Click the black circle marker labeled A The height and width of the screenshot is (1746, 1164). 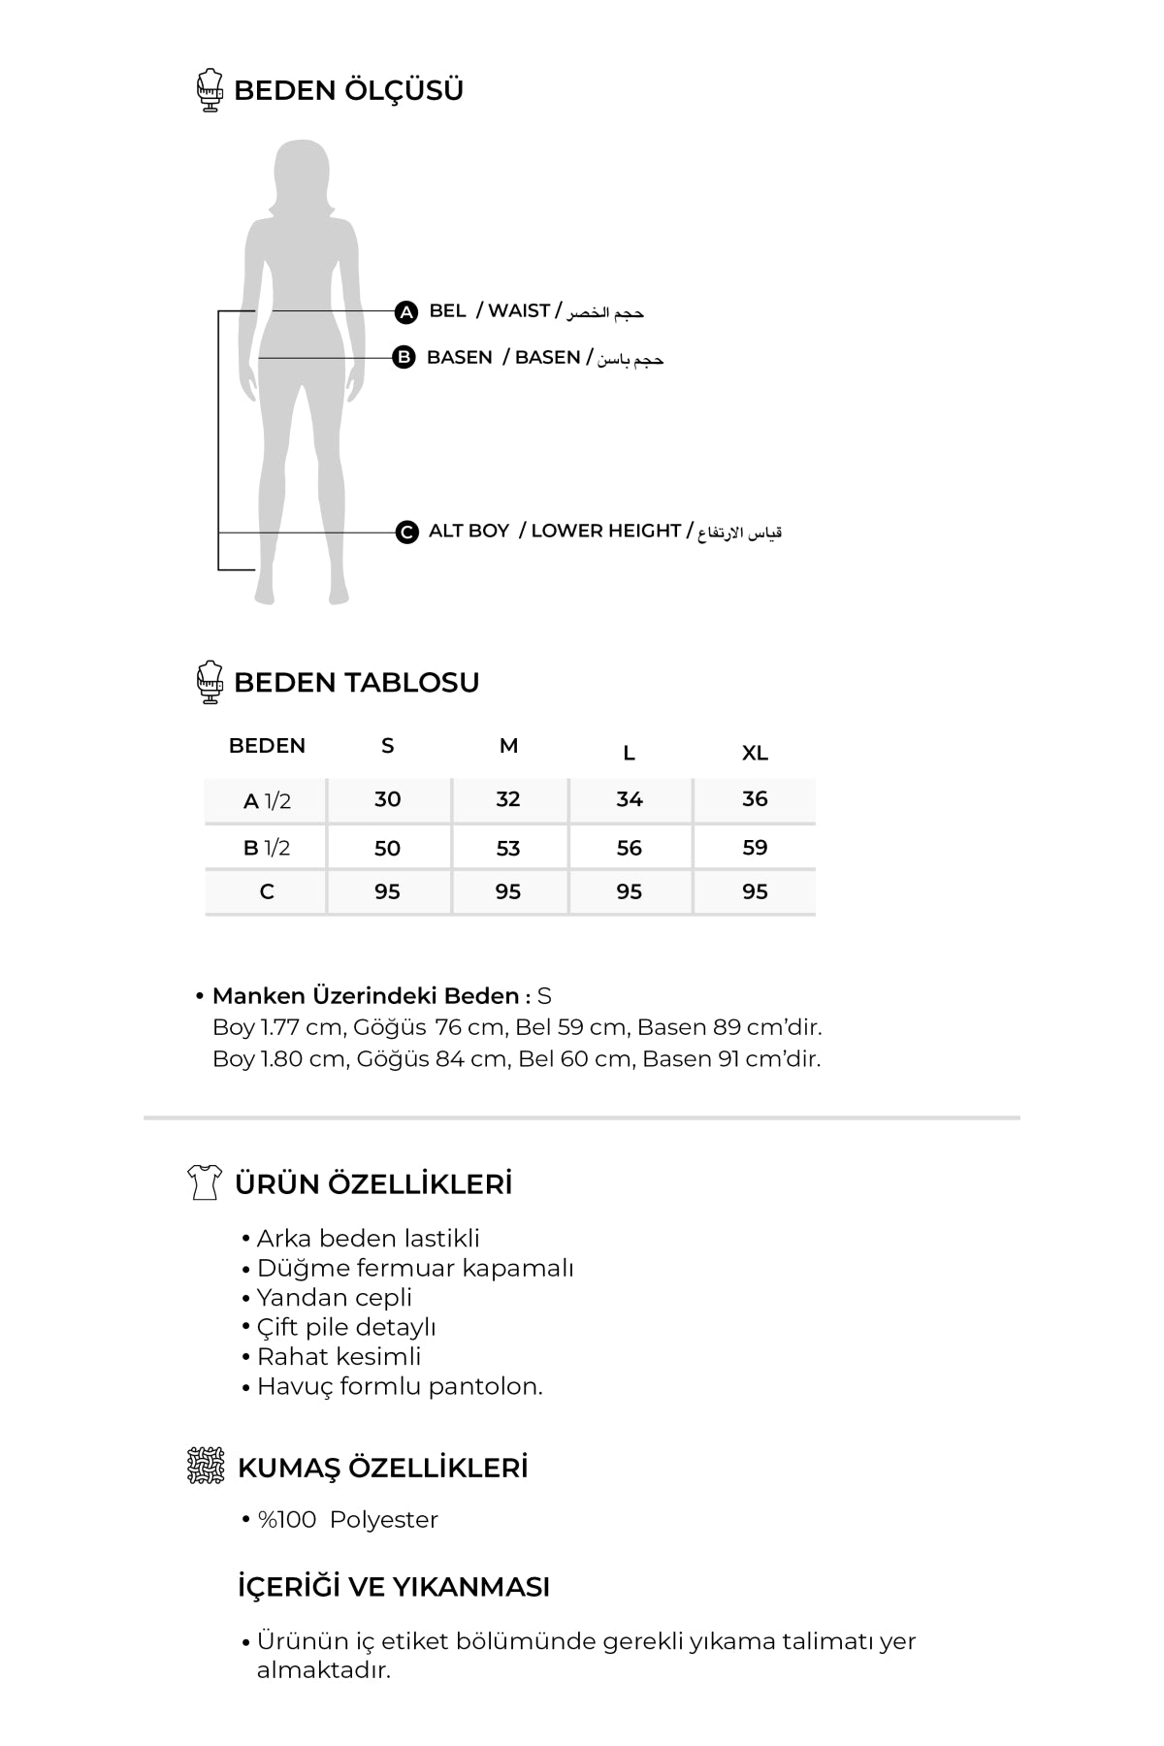pyautogui.click(x=406, y=312)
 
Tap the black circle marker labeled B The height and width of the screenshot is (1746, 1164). pyautogui.click(x=404, y=358)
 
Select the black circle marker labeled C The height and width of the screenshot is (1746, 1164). pyautogui.click(x=407, y=532)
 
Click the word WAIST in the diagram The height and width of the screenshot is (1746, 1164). pyautogui.click(x=519, y=310)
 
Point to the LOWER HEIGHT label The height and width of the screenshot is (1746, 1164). pyautogui.click(x=605, y=531)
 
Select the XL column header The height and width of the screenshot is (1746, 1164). pyautogui.click(x=755, y=753)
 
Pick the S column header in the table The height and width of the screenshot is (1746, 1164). pyautogui.click(x=387, y=746)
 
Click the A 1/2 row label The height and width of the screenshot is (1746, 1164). pyautogui.click(x=267, y=801)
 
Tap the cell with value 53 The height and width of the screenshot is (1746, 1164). pyautogui.click(x=508, y=849)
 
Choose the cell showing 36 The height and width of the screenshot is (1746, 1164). pyautogui.click(x=755, y=799)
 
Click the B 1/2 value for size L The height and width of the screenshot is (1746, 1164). pyautogui.click(x=630, y=849)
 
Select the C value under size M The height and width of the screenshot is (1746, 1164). pyautogui.click(x=508, y=892)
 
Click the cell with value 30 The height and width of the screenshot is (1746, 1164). pyautogui.click(x=387, y=799)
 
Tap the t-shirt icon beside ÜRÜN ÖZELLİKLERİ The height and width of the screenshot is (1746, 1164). pyautogui.click(x=205, y=1182)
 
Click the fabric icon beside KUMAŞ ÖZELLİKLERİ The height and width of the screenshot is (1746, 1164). pyautogui.click(x=206, y=1466)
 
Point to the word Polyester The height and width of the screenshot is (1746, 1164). pyautogui.click(x=383, y=1520)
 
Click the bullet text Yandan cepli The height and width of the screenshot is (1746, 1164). pyautogui.click(x=334, y=1298)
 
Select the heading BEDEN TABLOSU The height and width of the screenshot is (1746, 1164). pyautogui.click(x=356, y=682)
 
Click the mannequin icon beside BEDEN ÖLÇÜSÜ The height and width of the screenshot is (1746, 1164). pyautogui.click(x=210, y=90)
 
